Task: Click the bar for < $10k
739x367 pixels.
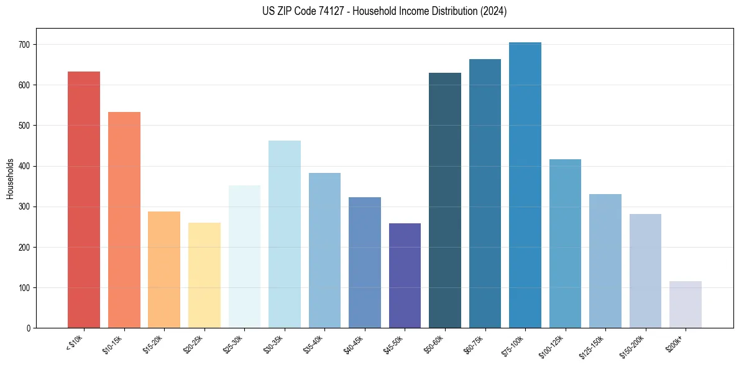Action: point(84,200)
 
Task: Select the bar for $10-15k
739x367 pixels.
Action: point(124,220)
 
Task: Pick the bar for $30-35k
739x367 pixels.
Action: point(285,235)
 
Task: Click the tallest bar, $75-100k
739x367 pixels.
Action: point(525,185)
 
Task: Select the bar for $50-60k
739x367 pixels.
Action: point(445,200)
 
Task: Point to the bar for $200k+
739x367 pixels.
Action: point(686,305)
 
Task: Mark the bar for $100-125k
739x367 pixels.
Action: point(565,244)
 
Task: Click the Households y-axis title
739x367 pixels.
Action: point(10,179)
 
